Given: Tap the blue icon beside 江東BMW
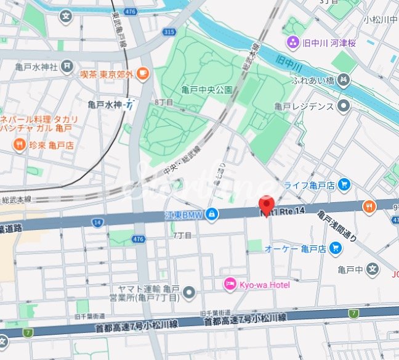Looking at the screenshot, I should [x=212, y=214].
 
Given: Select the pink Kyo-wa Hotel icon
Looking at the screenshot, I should [x=230, y=284].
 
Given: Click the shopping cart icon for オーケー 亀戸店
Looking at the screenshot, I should [x=336, y=248].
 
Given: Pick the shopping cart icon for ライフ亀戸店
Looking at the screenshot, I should [x=344, y=184].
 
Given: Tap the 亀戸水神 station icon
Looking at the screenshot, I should [x=130, y=105].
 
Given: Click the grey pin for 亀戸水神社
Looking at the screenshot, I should [x=67, y=65].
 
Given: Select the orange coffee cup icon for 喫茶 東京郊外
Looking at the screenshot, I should [x=143, y=74].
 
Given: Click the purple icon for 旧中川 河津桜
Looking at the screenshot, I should [x=292, y=42].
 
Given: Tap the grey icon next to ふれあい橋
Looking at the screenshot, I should [x=344, y=80].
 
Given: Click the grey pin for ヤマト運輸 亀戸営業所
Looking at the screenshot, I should [x=190, y=292].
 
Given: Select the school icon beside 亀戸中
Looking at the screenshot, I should [x=372, y=269].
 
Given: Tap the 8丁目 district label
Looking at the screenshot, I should [x=164, y=102].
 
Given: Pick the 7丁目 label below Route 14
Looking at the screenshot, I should [x=182, y=235].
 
